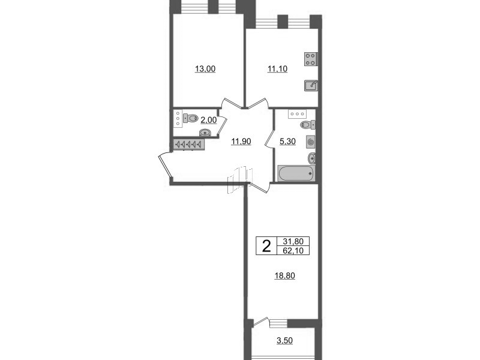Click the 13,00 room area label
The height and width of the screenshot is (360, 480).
pyautogui.click(x=205, y=69)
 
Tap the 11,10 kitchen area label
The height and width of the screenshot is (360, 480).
pyautogui.click(x=277, y=69)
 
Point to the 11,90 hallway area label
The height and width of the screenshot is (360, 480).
pyautogui.click(x=241, y=142)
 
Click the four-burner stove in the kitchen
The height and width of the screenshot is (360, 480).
pyautogui.click(x=311, y=59)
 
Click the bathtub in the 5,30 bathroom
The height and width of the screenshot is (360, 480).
pyautogui.click(x=295, y=173)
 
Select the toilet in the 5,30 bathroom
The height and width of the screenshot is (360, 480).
pyautogui.click(x=307, y=125)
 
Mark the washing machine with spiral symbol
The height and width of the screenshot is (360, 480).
pyautogui.click(x=310, y=142)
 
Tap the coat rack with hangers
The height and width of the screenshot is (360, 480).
pyautogui.click(x=188, y=144)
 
